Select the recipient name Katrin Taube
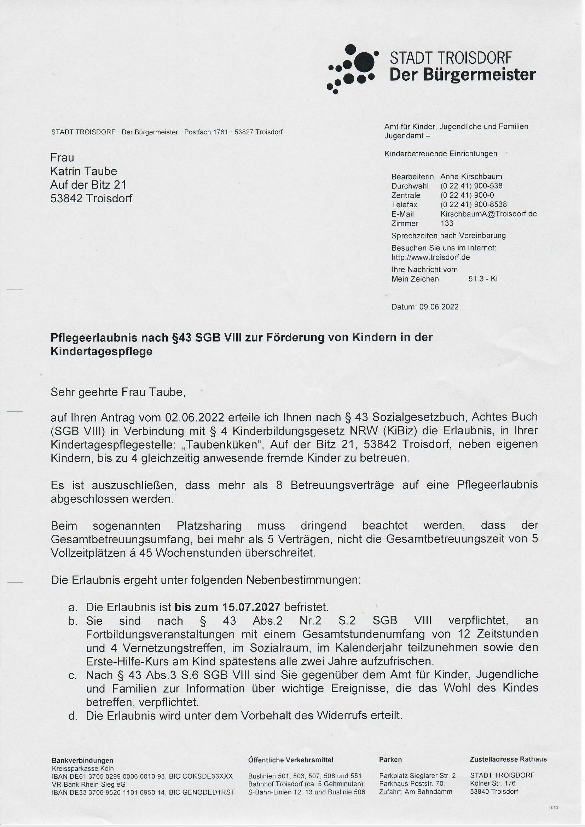coord(83,171)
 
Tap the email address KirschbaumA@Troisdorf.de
coord(488,214)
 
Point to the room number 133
coord(447,223)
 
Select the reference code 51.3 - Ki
coord(483,278)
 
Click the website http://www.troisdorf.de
coord(430,257)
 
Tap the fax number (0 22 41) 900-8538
coord(473,204)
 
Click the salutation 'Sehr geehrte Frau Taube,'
coord(118,392)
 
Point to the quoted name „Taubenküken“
coord(222,445)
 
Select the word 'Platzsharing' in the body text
coord(209,526)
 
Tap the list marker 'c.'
coord(73,675)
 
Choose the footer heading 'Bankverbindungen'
coord(82,761)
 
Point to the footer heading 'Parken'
coord(390,760)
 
